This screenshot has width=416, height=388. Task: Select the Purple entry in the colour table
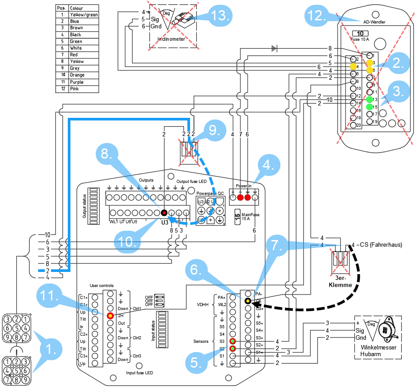(x=76, y=82)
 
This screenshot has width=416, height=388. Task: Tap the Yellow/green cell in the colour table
(x=84, y=15)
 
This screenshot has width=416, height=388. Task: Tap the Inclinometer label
(x=171, y=39)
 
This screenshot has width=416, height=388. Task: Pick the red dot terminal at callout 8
(x=164, y=212)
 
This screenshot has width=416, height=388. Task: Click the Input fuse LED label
(x=140, y=373)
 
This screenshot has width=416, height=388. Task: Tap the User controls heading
(x=101, y=286)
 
